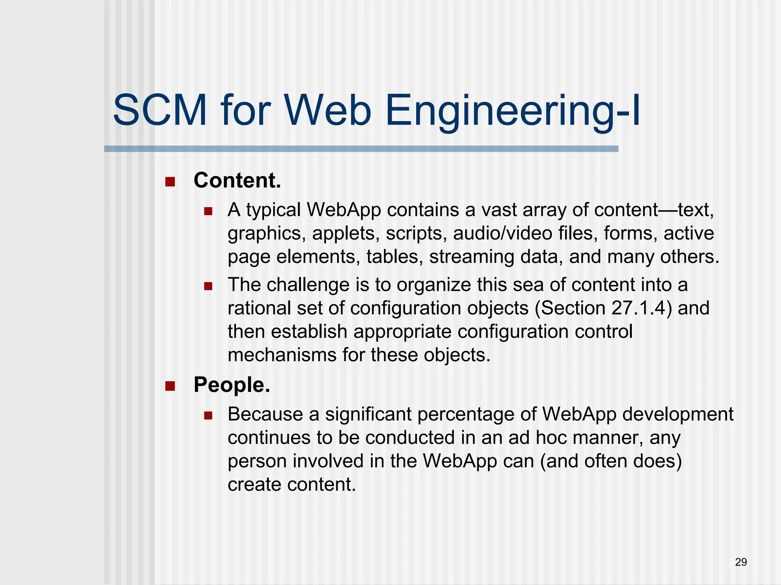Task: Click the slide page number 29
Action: pos(741,562)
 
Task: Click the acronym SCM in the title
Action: pos(160,111)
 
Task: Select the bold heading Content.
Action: pos(237,180)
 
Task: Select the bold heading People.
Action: pos(232,385)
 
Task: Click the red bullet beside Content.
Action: pos(170,182)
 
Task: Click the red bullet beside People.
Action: pos(170,386)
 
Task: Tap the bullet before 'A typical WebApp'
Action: pos(208,211)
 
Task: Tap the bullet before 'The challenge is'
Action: pos(208,286)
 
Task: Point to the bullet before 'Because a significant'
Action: pos(208,415)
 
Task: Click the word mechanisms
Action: pos(282,355)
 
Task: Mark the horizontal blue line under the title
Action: pos(361,149)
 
